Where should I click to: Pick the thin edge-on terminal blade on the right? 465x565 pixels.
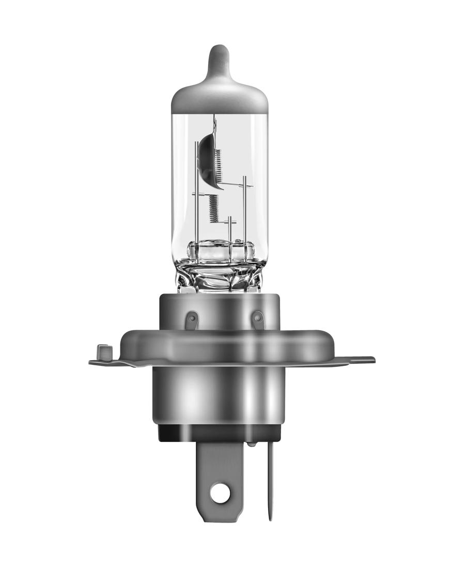click(269, 481)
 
